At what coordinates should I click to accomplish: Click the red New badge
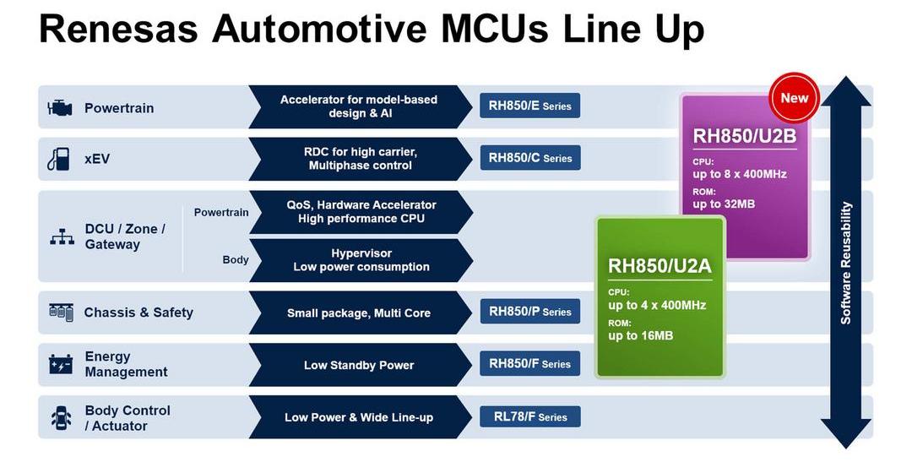click(x=794, y=98)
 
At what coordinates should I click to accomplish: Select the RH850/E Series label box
click(x=529, y=106)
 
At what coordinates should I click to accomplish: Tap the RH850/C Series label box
click(x=529, y=158)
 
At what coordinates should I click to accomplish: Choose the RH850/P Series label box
click(x=529, y=312)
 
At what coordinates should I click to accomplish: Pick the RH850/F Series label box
click(x=529, y=364)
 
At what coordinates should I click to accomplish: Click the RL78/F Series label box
click(x=529, y=416)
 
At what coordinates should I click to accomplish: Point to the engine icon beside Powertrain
click(x=60, y=107)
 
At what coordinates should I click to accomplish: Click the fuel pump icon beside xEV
click(x=58, y=159)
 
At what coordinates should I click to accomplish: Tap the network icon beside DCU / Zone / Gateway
click(x=62, y=236)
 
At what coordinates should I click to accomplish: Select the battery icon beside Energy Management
click(x=61, y=364)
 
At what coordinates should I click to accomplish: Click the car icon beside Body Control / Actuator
click(x=61, y=418)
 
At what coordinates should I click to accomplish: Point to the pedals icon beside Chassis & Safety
click(x=61, y=312)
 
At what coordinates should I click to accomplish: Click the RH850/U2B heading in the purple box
click(x=745, y=136)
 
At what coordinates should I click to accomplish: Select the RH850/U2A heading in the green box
click(x=660, y=266)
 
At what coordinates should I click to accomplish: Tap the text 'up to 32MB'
click(x=725, y=204)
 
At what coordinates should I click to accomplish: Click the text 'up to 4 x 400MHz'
click(x=657, y=305)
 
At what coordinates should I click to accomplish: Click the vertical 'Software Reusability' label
click(x=845, y=263)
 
